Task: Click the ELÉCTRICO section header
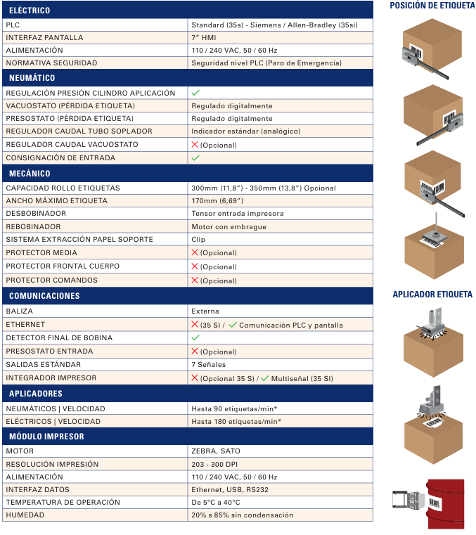[x=30, y=11]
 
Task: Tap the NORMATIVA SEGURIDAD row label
[x=51, y=63]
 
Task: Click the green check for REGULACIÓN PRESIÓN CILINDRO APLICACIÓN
[x=195, y=92]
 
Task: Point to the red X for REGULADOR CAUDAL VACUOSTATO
[x=195, y=144]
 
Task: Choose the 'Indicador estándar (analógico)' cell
[x=245, y=131]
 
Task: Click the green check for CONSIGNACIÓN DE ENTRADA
[x=195, y=157]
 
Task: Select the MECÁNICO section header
[x=30, y=173]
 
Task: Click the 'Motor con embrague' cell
[x=229, y=227]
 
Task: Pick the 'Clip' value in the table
[x=199, y=240]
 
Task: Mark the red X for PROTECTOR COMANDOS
[x=195, y=280]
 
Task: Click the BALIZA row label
[x=19, y=311]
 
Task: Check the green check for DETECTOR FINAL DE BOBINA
[x=195, y=337]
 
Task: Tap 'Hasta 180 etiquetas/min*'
[x=236, y=422]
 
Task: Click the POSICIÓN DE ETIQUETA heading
[x=431, y=6]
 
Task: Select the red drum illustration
[x=445, y=503]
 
